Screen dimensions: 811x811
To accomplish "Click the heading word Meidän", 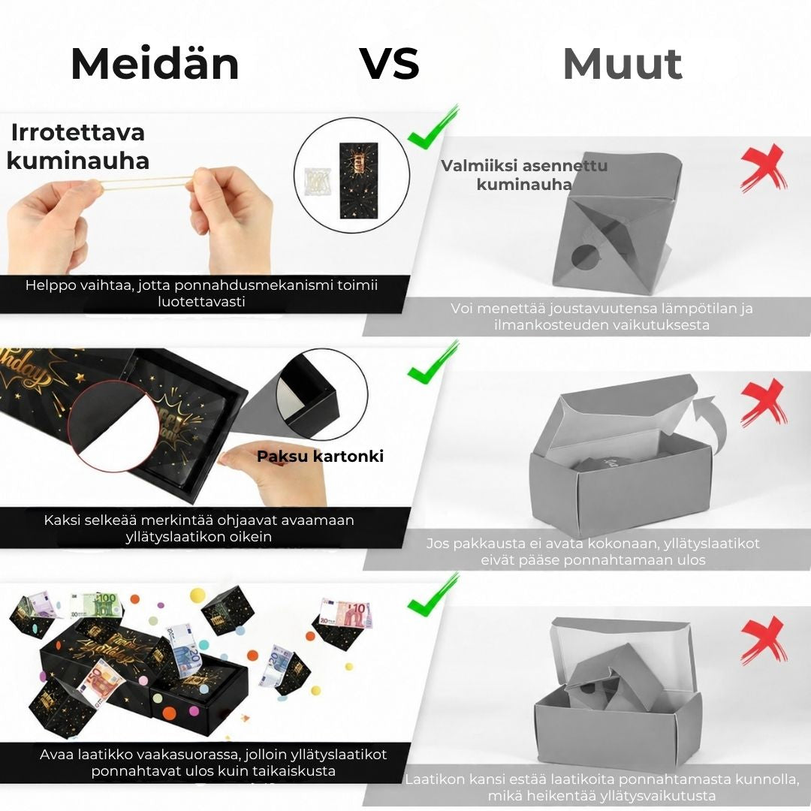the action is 155,64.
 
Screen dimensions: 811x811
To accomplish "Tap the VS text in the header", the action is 390,64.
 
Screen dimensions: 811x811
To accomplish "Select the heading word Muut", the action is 623,64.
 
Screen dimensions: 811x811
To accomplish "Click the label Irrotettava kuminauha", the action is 77,146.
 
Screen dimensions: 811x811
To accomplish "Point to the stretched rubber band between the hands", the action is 146,182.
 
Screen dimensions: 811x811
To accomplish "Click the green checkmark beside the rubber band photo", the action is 433,127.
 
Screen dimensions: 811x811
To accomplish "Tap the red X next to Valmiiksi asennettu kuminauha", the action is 764,167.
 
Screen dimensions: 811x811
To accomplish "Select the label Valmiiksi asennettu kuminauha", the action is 524,175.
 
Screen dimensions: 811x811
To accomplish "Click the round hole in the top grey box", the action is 584,256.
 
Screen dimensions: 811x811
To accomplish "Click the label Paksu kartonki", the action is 320,457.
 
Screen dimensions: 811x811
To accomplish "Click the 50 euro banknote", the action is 100,684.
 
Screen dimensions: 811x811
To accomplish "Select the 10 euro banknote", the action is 345,614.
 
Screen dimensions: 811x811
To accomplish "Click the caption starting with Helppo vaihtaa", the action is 202,294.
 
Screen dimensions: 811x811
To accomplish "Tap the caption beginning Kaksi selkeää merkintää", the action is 199,528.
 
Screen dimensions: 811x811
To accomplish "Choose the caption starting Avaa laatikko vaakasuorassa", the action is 213,762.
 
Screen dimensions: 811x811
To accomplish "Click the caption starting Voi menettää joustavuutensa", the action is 601,317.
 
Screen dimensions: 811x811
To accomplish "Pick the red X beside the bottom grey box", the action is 764,641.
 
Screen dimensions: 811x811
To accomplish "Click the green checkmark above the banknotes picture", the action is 433,595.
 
